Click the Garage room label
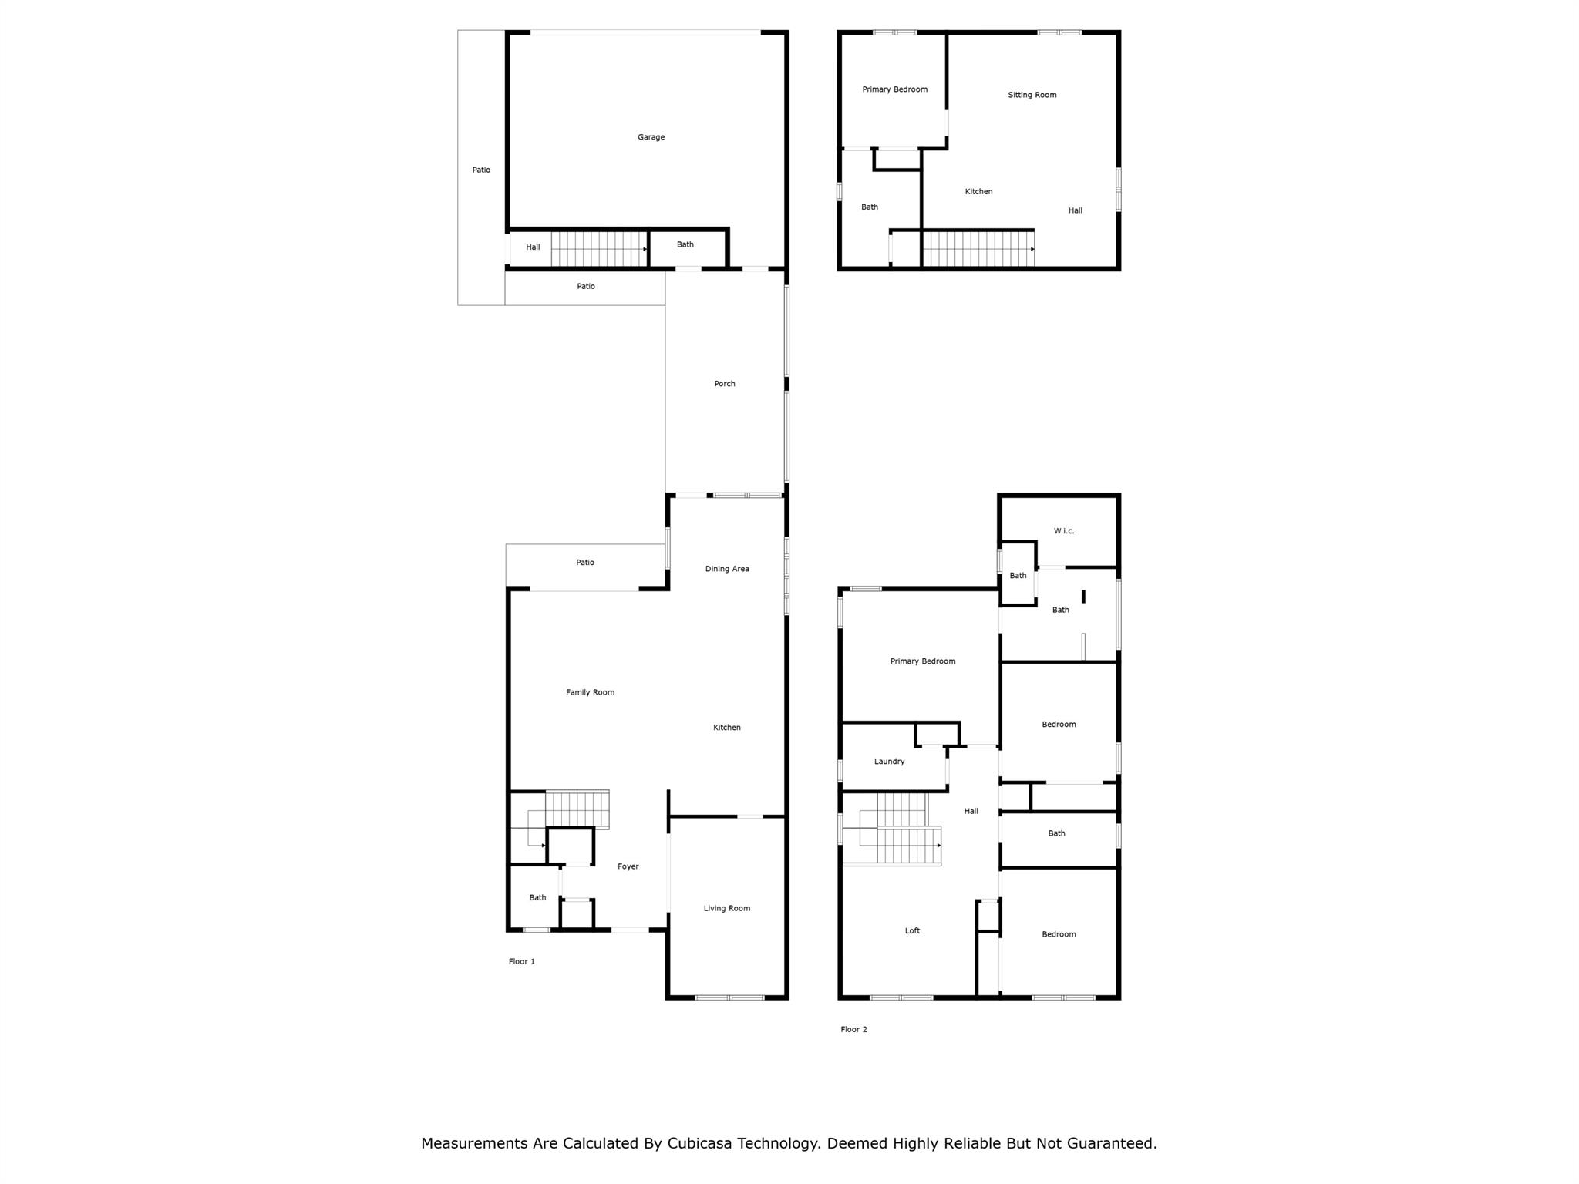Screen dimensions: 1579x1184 pyautogui.click(x=651, y=137)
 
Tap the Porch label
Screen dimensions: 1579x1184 pyautogui.click(x=725, y=384)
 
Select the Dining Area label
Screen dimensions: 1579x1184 pyautogui.click(x=727, y=569)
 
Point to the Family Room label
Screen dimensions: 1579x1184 pyautogui.click(x=590, y=692)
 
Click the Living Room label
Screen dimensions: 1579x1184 pyautogui.click(x=726, y=908)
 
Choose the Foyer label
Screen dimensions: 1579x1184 pyautogui.click(x=628, y=866)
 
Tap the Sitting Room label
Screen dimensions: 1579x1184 pyautogui.click(x=1032, y=95)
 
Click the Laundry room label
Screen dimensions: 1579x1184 pyautogui.click(x=889, y=762)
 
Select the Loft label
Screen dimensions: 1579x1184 pyautogui.click(x=912, y=930)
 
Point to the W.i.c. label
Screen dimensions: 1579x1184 pyautogui.click(x=1064, y=531)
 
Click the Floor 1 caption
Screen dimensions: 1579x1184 pyautogui.click(x=522, y=961)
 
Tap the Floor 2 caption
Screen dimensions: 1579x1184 pyautogui.click(x=853, y=1029)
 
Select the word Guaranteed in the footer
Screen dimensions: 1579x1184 pyautogui.click(x=1112, y=1143)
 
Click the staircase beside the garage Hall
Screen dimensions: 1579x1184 pyautogui.click(x=599, y=249)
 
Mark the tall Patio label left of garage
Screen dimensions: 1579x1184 pyautogui.click(x=481, y=170)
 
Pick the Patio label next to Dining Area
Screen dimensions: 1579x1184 pyautogui.click(x=585, y=563)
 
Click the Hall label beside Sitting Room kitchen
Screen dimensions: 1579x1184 pyautogui.click(x=1076, y=210)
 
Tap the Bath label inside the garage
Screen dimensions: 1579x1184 pyautogui.click(x=685, y=244)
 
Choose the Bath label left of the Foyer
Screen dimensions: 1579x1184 pyautogui.click(x=537, y=897)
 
